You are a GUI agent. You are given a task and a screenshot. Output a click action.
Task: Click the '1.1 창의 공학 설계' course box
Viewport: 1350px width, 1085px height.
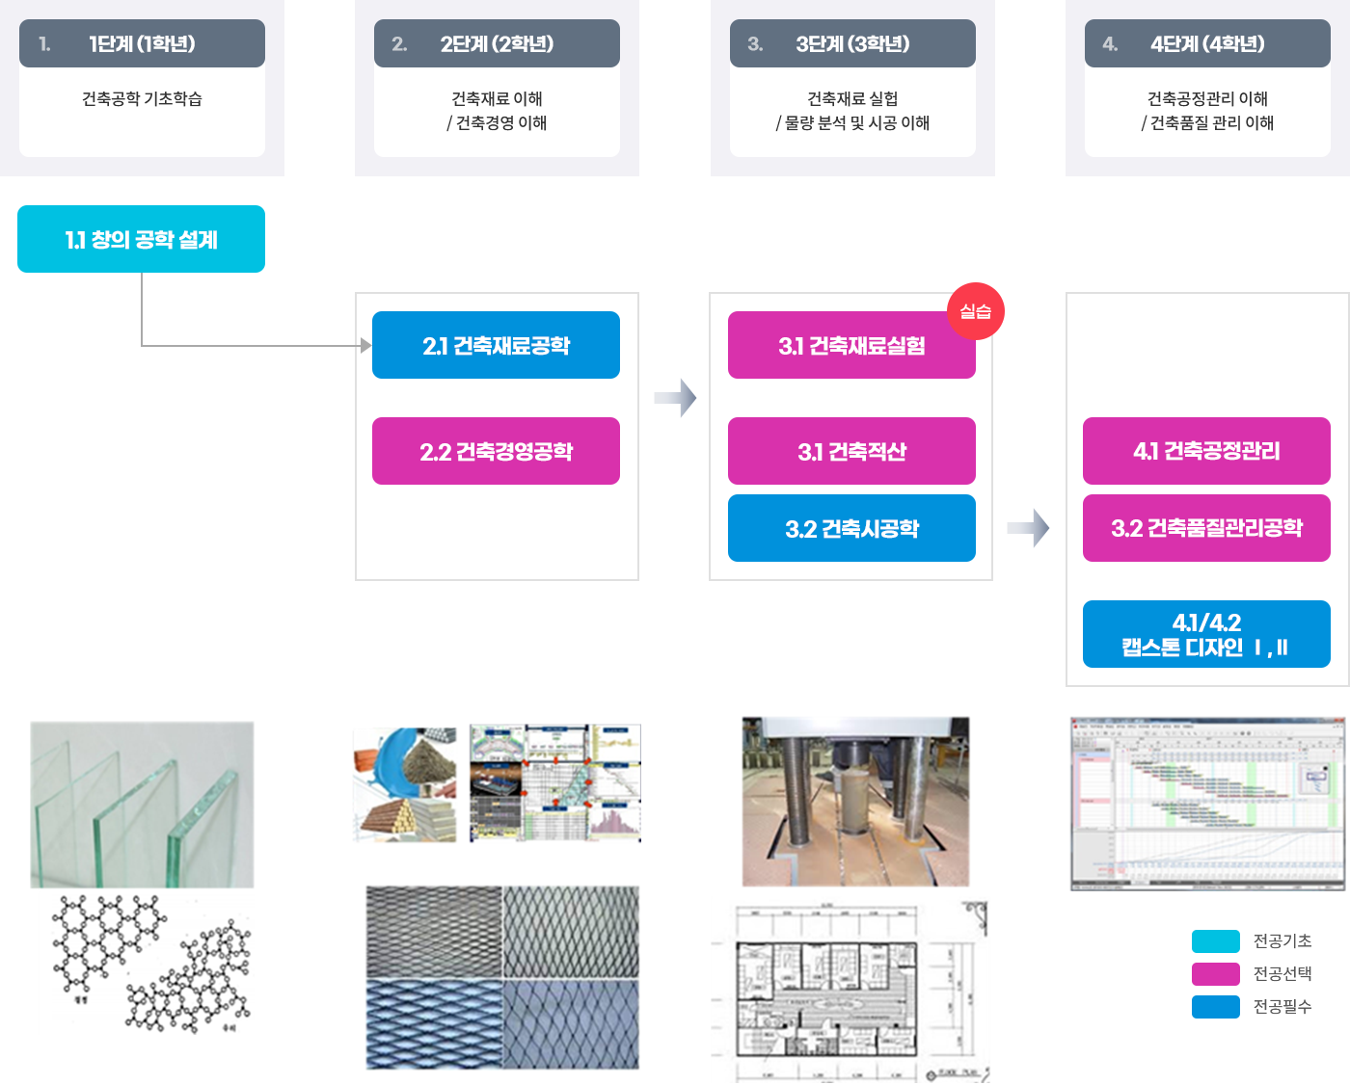coord(141,239)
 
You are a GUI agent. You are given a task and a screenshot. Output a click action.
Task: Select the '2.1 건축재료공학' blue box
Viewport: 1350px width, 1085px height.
coord(496,345)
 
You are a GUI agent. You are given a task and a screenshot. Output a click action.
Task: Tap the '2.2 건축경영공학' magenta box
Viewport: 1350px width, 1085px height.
coord(496,451)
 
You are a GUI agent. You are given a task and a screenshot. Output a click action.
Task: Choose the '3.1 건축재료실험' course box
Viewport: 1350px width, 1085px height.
coord(851,345)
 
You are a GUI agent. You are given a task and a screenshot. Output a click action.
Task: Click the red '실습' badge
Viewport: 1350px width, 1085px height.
coord(976,310)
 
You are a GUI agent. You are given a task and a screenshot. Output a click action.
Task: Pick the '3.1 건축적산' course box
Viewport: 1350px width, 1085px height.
coord(851,451)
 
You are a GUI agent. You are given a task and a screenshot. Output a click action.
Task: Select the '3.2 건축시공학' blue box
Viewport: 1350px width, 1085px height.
coord(851,528)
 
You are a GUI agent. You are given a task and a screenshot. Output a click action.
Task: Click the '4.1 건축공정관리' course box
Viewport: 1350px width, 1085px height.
coord(1206,451)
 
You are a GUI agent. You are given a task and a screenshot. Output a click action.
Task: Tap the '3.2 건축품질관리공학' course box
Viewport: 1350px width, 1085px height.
coord(1206,528)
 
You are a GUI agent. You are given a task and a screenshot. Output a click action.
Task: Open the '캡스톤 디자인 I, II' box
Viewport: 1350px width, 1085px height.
coord(1206,634)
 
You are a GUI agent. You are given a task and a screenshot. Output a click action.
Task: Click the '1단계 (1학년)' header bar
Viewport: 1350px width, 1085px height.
coord(142,43)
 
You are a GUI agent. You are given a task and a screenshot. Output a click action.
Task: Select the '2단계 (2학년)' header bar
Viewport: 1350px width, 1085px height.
coord(497,43)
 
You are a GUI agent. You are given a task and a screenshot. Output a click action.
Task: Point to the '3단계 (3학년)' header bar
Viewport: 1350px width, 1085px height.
coord(852,43)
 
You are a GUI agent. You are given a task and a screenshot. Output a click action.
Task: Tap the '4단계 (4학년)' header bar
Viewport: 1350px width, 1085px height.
coord(1207,43)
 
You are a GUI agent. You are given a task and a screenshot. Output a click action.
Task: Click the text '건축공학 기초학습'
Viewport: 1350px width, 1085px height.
coord(142,98)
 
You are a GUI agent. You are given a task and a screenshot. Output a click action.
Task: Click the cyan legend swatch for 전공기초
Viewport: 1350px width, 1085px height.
coord(1215,941)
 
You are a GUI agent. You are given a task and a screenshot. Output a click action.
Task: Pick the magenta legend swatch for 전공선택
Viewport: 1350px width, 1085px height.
coord(1215,974)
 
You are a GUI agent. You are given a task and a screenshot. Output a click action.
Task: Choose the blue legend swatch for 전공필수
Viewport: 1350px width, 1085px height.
coord(1215,1007)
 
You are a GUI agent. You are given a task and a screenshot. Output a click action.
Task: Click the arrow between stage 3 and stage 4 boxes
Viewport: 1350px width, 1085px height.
coord(1027,528)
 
